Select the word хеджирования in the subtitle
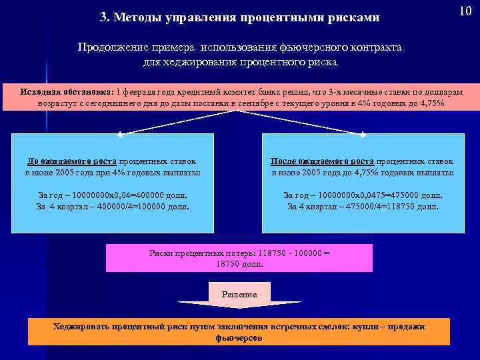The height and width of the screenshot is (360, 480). point(190,62)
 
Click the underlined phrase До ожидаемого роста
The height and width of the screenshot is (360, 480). point(71,161)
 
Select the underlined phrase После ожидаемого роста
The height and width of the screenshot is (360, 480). point(322,161)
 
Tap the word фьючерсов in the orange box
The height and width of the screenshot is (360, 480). point(239,337)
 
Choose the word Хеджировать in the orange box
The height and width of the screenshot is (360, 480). point(81,326)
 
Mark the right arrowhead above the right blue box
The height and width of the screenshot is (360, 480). point(363,133)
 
